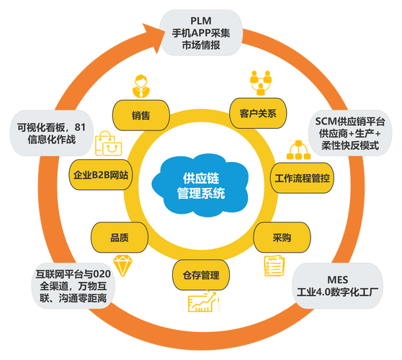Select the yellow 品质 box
[120, 235]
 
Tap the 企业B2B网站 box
[102, 176]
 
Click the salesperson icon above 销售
[141, 85]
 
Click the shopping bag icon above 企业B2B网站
[105, 144]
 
